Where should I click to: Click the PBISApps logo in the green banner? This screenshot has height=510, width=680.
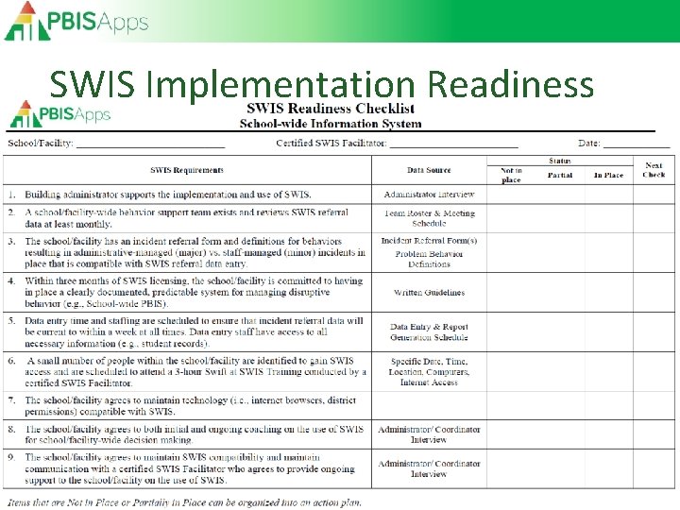(76, 21)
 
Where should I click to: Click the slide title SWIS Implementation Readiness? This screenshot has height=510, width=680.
(321, 85)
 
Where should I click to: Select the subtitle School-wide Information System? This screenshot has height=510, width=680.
(331, 123)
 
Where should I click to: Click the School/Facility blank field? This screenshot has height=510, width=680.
(150, 144)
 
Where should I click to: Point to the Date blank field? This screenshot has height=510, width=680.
(637, 144)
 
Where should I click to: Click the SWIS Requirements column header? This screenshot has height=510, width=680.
(187, 170)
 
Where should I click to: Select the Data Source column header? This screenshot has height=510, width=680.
(429, 170)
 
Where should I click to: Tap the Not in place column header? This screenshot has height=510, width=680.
(511, 175)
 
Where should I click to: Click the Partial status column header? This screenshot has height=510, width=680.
(559, 175)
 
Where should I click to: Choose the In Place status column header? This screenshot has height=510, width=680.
(608, 175)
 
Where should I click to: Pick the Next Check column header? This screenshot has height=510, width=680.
(654, 170)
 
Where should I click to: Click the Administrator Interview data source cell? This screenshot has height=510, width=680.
(429, 195)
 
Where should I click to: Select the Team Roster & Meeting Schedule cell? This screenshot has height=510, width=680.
(429, 218)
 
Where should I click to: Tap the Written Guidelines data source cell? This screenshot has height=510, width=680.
(429, 293)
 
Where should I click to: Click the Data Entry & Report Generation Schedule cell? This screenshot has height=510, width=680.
(429, 331)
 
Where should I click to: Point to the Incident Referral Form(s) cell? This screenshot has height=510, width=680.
(429, 242)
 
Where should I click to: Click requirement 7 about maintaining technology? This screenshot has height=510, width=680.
(189, 405)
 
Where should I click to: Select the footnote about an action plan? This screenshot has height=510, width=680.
(184, 501)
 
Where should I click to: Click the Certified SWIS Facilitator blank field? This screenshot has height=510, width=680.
(453, 144)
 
